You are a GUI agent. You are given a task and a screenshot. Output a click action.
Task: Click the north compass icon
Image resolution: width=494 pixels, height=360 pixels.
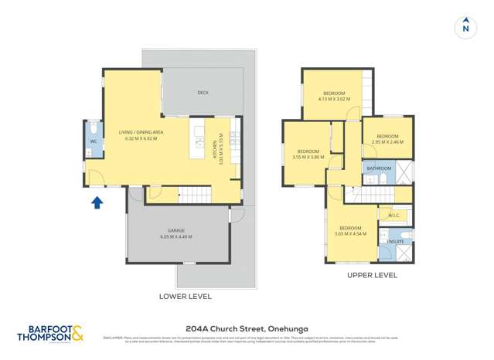[465, 26]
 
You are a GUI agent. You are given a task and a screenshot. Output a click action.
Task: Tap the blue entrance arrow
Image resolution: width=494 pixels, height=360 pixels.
[97, 202]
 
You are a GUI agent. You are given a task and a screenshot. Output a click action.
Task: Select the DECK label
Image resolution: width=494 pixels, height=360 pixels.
[203, 93]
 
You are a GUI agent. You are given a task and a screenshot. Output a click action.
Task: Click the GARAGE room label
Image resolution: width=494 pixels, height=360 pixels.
[176, 231]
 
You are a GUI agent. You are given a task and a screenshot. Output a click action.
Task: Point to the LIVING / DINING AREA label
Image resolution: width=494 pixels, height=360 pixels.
[140, 132]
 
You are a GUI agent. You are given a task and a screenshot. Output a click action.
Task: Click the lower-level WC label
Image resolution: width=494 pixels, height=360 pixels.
[93, 141]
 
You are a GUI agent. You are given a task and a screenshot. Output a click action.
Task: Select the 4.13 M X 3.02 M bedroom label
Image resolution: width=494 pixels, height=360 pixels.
[334, 95]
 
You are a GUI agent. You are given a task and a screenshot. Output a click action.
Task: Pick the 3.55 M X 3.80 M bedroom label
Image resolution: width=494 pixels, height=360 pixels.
[308, 154]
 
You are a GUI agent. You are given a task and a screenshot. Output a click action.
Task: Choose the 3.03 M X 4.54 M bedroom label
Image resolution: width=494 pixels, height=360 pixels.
[350, 230]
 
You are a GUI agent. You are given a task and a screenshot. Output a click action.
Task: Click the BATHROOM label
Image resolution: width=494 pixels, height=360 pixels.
[379, 168]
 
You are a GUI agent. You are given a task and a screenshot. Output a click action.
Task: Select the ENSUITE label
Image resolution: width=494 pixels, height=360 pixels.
[394, 241]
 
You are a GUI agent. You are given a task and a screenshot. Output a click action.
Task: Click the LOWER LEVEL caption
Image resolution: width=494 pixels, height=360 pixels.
[185, 296]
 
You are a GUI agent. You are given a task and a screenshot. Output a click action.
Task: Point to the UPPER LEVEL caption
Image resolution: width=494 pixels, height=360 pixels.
[372, 274]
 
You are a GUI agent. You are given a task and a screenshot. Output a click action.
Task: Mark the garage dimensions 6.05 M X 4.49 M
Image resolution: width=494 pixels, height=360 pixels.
[176, 236]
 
